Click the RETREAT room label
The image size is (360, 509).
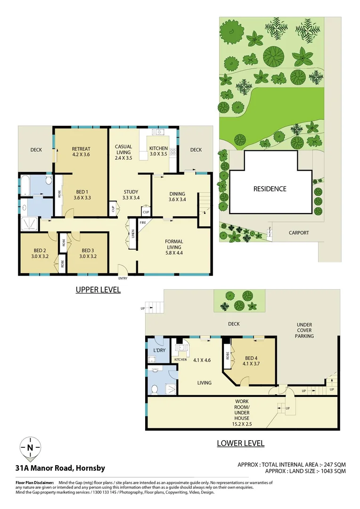point(81,147)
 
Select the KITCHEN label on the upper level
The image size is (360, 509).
point(158,148)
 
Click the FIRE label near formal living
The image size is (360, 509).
point(142,222)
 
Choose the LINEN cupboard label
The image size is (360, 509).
point(133,232)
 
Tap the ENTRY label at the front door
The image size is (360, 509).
point(123,278)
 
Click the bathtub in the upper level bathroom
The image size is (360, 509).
point(26,186)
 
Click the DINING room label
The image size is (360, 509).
point(177,194)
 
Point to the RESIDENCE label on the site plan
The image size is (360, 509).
point(270,189)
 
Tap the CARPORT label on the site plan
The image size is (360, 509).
point(299,233)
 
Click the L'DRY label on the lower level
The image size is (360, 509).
point(157,351)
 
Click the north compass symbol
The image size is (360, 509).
point(30,448)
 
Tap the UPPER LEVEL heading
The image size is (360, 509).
point(98,290)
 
